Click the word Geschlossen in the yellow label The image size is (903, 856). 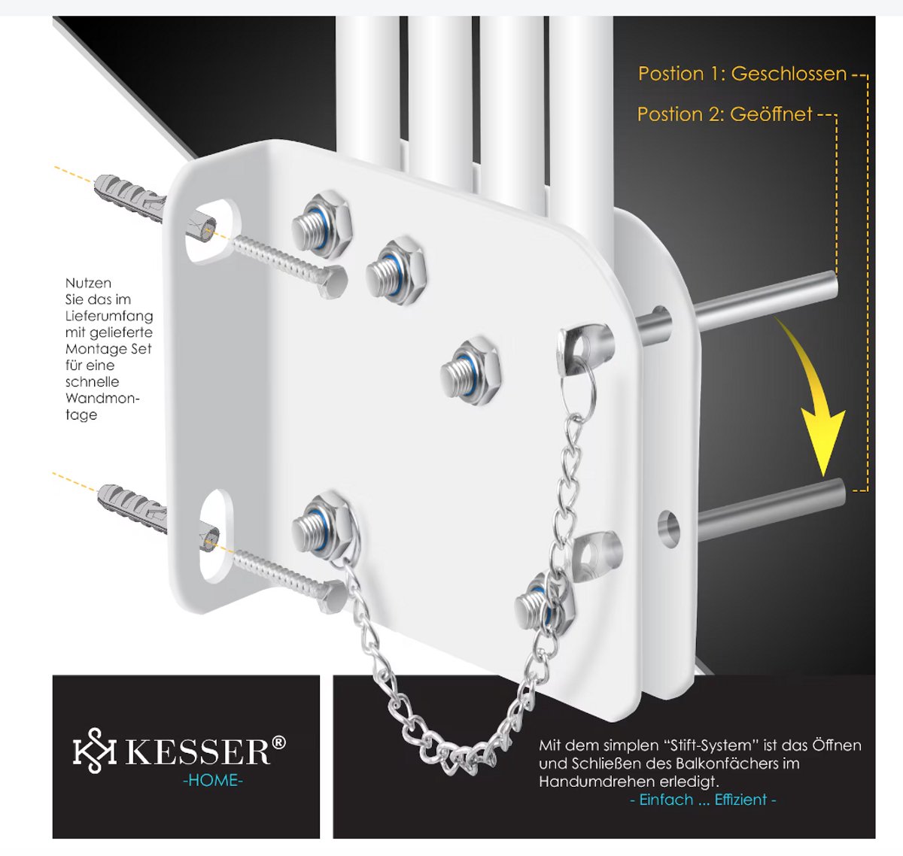click(789, 74)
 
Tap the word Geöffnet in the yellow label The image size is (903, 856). click(771, 114)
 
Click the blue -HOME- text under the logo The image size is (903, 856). click(213, 780)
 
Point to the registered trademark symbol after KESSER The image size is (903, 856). click(278, 742)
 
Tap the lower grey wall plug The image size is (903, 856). click(132, 508)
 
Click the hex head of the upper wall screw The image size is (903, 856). click(334, 281)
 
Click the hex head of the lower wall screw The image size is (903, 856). click(333, 596)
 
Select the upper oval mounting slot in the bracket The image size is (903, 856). click(211, 231)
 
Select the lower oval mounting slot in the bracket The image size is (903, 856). click(215, 536)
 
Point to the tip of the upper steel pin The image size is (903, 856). click(833, 284)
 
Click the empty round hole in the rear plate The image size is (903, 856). click(669, 527)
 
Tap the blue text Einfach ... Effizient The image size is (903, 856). click(703, 800)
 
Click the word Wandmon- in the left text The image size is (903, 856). click(102, 398)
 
